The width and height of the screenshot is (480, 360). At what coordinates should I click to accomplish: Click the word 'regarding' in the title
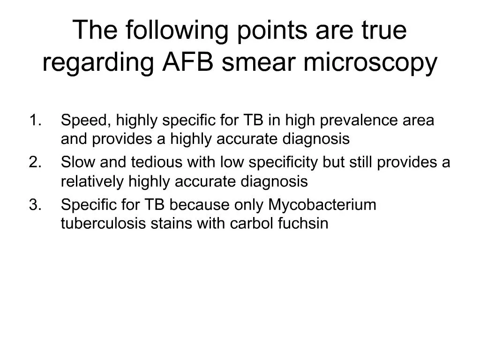99,64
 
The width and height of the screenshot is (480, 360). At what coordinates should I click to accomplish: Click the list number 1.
35,120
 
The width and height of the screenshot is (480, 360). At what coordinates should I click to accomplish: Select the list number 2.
35,163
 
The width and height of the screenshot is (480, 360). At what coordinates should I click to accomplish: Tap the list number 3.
35,205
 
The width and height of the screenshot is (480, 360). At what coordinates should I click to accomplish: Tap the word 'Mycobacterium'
322,205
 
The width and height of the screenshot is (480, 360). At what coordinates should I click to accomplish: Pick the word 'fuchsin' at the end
303,224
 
